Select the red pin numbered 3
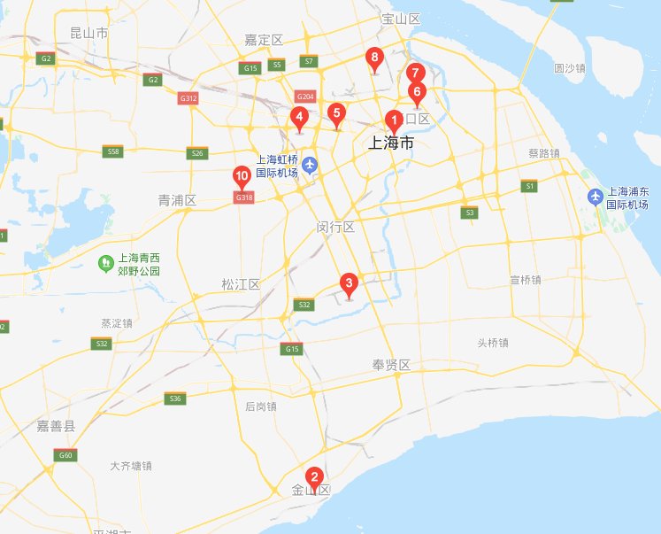[x=350, y=284]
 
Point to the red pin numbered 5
[x=335, y=113]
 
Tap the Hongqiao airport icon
[x=310, y=165]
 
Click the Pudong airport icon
[x=596, y=196]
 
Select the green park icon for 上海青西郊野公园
[x=104, y=263]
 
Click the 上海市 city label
[x=390, y=142]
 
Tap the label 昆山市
[x=88, y=33]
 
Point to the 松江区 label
[x=241, y=284]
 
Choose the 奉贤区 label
[x=392, y=365]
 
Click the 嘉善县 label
[x=57, y=426]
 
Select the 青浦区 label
[x=176, y=200]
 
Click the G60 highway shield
[x=64, y=455]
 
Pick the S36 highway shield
[x=175, y=399]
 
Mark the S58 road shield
[x=112, y=151]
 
